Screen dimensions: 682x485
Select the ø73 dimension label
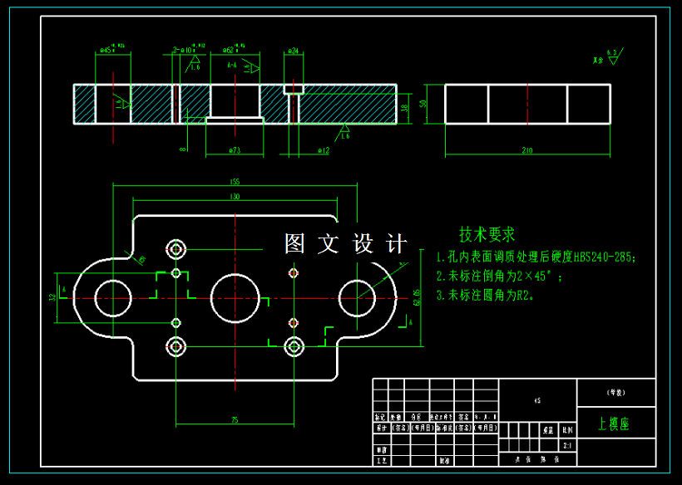coord(235,150)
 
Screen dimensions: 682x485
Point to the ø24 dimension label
coord(293,51)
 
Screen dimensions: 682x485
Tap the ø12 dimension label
coord(324,150)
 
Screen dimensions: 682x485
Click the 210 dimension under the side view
coord(526,150)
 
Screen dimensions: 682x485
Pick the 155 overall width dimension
coord(235,182)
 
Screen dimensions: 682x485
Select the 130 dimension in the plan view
coord(235,197)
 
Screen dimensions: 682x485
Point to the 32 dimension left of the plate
coord(52,296)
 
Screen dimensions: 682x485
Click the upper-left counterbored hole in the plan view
coord(176,248)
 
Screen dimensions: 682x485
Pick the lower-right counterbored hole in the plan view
coord(293,346)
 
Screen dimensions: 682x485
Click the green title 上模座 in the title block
coord(614,424)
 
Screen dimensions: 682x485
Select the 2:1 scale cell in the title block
coord(568,445)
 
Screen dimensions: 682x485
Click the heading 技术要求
coord(487,234)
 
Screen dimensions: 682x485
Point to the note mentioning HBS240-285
coord(537,257)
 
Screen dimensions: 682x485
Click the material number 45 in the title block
coord(537,400)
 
